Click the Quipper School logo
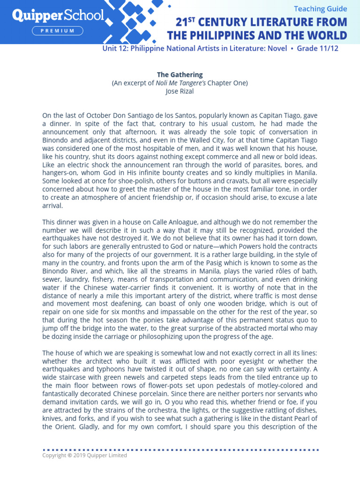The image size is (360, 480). (x=58, y=16)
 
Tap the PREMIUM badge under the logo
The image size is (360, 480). (x=58, y=31)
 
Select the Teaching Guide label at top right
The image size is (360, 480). (x=320, y=8)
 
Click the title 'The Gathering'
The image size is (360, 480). (x=180, y=75)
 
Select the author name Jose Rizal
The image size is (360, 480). (x=180, y=91)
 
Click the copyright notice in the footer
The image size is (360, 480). (x=84, y=455)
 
